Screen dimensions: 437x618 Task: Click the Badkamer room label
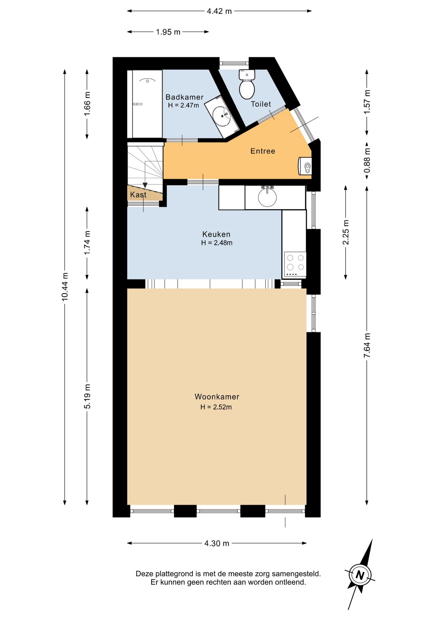click(184, 97)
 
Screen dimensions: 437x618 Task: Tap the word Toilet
click(261, 104)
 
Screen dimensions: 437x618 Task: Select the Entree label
click(263, 151)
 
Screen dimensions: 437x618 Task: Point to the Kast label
click(138, 195)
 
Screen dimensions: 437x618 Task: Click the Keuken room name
click(216, 234)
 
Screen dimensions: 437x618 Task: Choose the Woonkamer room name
click(217, 397)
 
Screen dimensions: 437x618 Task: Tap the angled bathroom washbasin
click(222, 115)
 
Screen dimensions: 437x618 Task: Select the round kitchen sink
click(267, 197)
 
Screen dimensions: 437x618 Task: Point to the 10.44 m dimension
click(65, 287)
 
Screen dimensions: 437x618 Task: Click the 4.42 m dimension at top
click(219, 11)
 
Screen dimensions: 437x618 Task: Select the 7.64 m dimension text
click(367, 345)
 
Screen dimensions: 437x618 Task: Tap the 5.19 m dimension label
click(87, 397)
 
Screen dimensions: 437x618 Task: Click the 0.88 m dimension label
click(367, 160)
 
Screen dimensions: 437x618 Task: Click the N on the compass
click(360, 575)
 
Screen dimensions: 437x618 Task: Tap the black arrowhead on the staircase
click(145, 185)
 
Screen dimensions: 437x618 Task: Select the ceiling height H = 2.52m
click(216, 407)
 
